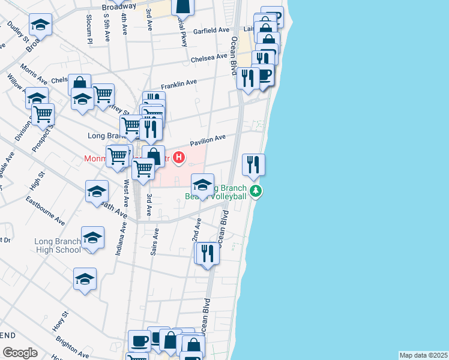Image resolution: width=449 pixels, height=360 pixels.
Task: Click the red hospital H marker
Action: [x=178, y=158]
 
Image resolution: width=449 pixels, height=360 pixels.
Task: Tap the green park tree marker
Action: [x=256, y=191]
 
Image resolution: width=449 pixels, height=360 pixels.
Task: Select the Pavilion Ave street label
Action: [x=208, y=140]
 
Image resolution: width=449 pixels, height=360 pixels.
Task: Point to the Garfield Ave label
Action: [x=211, y=30]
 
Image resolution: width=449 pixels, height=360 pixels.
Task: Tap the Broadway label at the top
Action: [x=119, y=7]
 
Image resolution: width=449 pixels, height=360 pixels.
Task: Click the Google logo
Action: [x=20, y=352]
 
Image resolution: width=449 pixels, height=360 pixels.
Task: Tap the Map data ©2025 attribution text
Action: [x=423, y=355]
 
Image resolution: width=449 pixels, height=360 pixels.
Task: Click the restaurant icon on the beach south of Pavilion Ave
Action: [x=253, y=164]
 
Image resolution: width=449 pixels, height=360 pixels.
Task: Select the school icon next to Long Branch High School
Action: [x=92, y=238]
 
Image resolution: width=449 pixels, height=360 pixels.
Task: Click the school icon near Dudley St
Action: [x=40, y=25]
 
